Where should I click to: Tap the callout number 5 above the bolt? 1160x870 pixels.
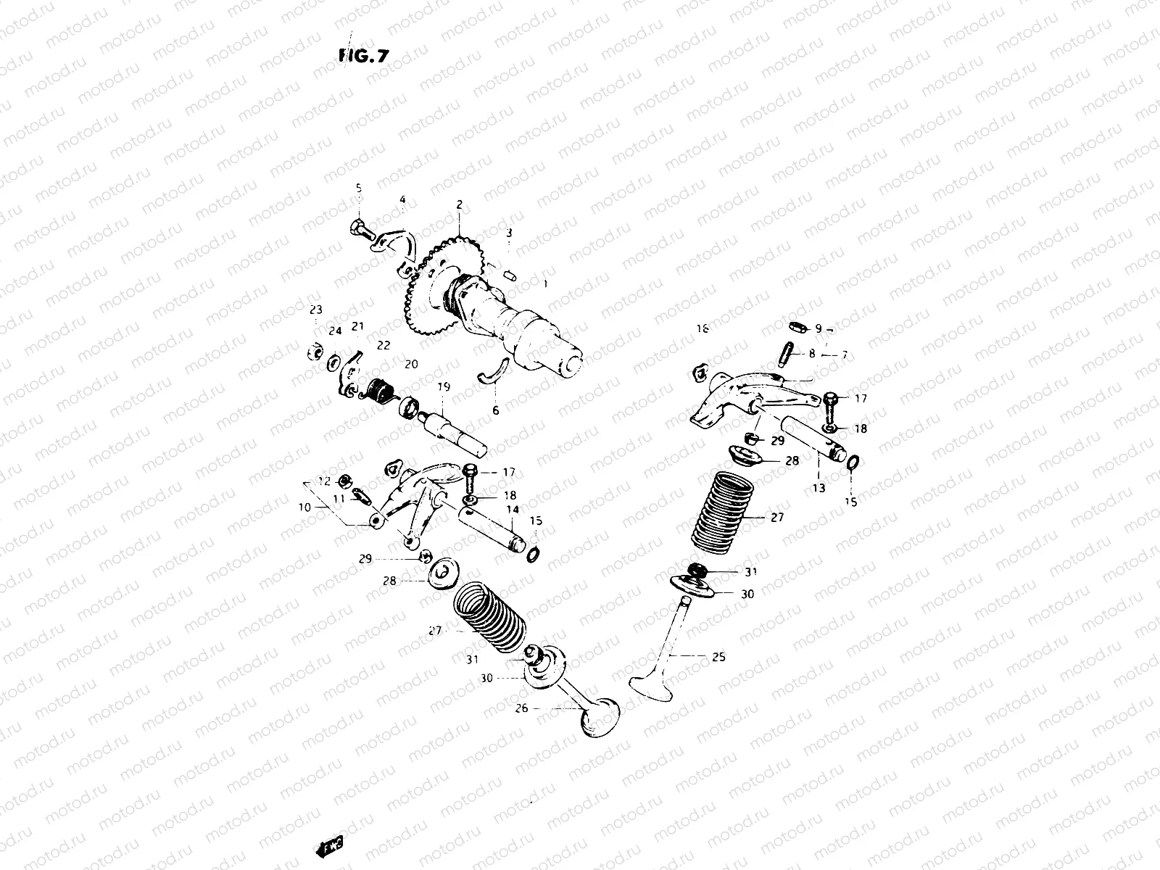click(x=358, y=188)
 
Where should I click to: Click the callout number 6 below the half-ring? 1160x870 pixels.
click(x=496, y=410)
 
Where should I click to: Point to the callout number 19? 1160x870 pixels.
click(x=443, y=388)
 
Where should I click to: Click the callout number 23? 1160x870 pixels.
click(x=315, y=310)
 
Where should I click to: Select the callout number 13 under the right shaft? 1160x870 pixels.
click(x=819, y=488)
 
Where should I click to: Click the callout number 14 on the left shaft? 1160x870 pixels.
click(x=512, y=510)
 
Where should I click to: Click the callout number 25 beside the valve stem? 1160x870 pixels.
click(x=718, y=658)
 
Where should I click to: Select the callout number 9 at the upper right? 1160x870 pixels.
click(x=819, y=328)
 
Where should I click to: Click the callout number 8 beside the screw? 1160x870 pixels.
click(x=812, y=353)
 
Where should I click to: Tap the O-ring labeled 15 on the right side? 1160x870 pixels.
click(x=853, y=463)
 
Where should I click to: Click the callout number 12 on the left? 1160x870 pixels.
click(x=324, y=481)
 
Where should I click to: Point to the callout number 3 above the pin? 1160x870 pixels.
click(x=509, y=233)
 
